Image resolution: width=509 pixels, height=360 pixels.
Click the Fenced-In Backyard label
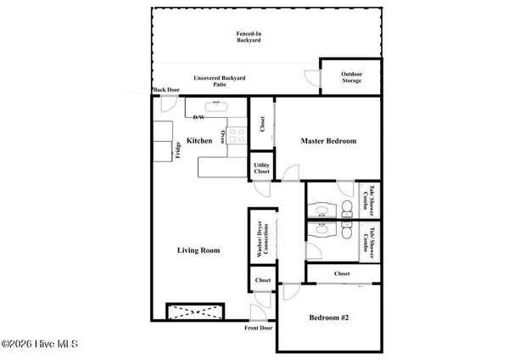click(249, 37)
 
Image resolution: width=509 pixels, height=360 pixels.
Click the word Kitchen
click(199, 141)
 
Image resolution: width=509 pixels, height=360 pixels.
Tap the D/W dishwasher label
click(199, 116)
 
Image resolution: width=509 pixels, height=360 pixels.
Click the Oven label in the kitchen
click(224, 136)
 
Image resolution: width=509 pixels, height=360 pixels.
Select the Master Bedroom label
click(329, 141)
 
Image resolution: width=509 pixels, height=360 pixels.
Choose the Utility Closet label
click(261, 168)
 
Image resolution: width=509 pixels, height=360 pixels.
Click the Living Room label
click(199, 250)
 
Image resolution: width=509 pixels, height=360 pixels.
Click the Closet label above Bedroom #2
click(342, 273)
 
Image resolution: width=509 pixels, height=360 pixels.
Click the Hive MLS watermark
click(40, 343)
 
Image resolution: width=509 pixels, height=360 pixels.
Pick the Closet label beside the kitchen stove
click(262, 125)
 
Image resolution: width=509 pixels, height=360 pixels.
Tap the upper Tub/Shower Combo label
click(369, 200)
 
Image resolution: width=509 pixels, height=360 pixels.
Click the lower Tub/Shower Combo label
click(369, 243)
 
